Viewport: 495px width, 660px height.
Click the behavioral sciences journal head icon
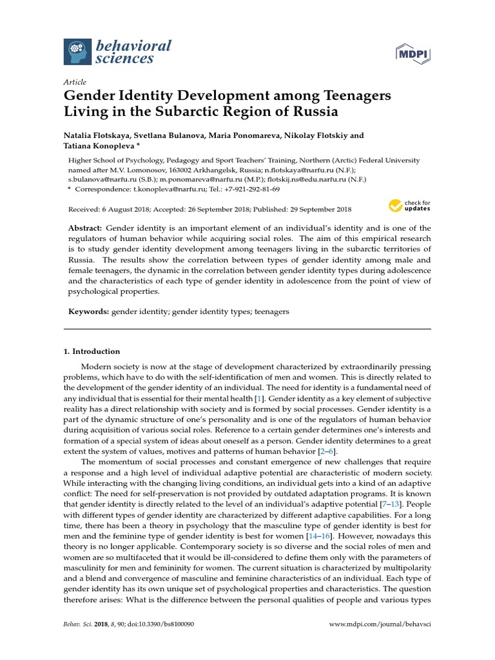click(75, 52)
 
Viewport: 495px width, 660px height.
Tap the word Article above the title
click(74, 82)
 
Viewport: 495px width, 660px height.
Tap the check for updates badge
click(409, 206)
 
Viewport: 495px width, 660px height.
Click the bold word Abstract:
click(85, 229)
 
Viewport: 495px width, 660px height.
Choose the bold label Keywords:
click(89, 311)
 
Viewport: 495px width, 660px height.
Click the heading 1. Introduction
click(92, 351)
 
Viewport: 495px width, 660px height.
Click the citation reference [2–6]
click(327, 451)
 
